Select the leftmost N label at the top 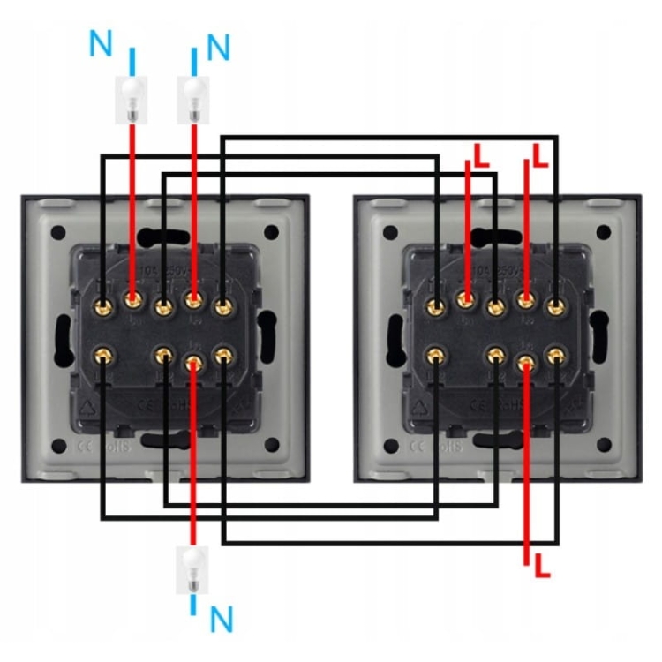pos(101,42)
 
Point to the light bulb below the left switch pos(192,569)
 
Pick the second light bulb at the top pos(193,98)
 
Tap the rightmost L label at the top pos(540,156)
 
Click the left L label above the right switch pos(480,156)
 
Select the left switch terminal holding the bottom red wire pos(193,359)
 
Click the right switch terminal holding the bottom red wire pos(526,359)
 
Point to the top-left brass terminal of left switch pos(104,306)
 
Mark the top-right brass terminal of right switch pos(555,306)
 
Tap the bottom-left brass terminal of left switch pos(104,357)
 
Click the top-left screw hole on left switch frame pos(58,234)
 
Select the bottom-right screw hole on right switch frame pos(604,444)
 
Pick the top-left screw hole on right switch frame pos(391,234)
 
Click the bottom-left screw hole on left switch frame pos(58,444)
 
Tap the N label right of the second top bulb pos(218,46)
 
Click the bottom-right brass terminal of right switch pos(555,357)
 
